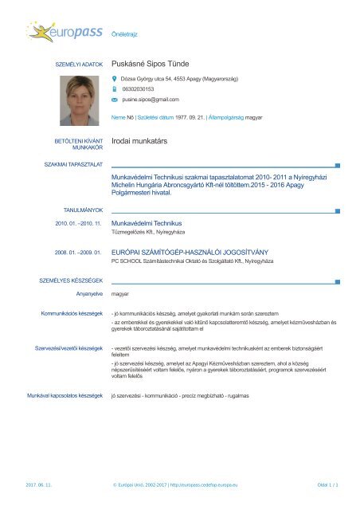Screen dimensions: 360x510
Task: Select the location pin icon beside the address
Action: point(114,80)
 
